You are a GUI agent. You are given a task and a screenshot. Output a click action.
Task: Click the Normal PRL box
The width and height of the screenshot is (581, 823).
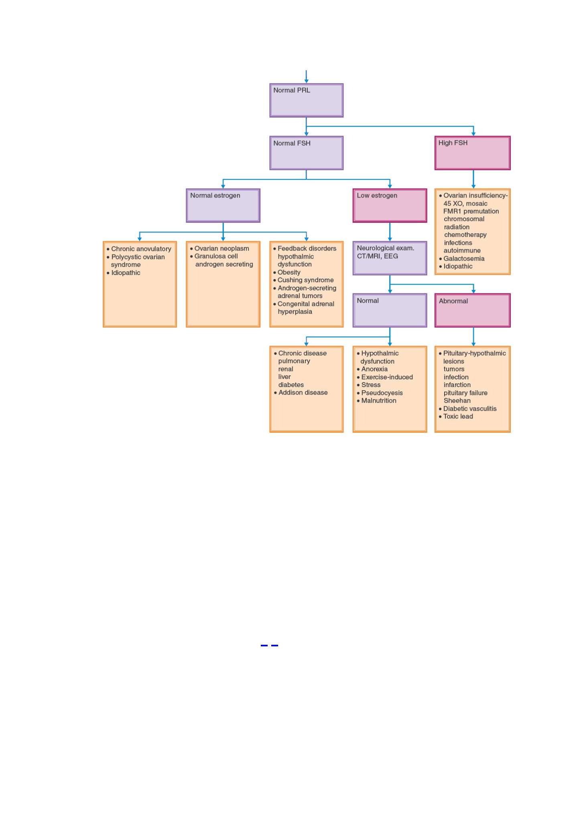[x=306, y=100]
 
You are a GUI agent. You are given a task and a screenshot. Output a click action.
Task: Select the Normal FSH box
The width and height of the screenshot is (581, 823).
[x=306, y=153]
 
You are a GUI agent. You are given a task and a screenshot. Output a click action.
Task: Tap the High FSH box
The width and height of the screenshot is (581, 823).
[x=473, y=153]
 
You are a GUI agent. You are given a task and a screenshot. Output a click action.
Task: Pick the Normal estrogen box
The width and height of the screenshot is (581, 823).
[x=223, y=206]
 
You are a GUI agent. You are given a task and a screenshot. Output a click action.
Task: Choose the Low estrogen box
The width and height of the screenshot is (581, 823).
[x=390, y=206]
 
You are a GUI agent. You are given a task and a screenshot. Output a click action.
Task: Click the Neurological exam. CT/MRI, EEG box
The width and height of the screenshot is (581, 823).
[x=390, y=258]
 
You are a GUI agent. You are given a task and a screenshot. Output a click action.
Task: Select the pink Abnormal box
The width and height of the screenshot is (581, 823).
[x=473, y=310]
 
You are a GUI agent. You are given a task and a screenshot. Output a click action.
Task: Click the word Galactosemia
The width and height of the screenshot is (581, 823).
[x=464, y=259]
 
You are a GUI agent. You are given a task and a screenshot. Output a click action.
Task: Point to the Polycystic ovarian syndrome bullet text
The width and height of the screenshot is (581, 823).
[x=138, y=261]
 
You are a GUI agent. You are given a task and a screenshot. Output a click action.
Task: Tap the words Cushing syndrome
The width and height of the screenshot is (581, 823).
[x=306, y=280]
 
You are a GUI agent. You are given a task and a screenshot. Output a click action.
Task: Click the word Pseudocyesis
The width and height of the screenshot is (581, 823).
[x=382, y=393]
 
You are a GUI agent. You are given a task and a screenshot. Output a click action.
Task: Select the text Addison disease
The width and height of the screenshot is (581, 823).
[x=303, y=393]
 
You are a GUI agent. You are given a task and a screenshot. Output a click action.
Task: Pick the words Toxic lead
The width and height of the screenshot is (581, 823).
[x=458, y=416]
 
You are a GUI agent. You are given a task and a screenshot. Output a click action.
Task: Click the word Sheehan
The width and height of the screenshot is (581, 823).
[x=457, y=401]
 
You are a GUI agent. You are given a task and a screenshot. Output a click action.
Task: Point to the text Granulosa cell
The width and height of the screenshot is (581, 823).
[x=216, y=256]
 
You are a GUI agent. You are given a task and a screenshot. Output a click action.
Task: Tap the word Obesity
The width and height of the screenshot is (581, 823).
[x=289, y=272]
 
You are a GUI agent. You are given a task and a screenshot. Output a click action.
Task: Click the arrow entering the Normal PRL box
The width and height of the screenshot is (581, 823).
[x=306, y=77]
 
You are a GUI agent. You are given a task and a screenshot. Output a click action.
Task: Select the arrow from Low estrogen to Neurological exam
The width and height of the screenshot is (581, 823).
[x=390, y=232]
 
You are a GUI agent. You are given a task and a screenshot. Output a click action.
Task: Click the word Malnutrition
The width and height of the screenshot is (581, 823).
[x=379, y=401]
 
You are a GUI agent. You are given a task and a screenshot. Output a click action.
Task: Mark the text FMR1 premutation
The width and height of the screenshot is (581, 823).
[x=471, y=211]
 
